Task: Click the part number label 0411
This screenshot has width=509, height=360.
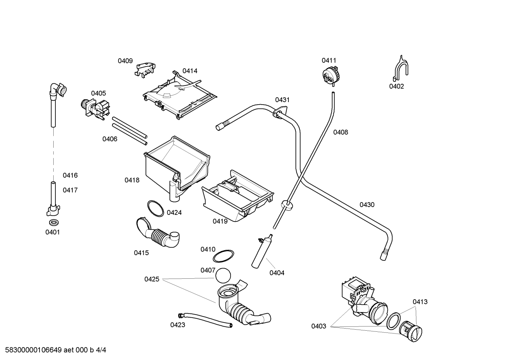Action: [x=329, y=60]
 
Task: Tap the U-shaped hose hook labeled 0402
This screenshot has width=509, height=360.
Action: [x=400, y=68]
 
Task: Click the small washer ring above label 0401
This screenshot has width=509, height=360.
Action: [x=54, y=223]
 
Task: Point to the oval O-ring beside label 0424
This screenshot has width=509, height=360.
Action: [x=155, y=208]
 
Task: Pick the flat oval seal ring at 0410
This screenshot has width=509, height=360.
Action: [x=223, y=256]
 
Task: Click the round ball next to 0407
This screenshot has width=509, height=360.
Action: [x=223, y=276]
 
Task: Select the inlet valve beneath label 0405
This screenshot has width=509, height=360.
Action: [x=95, y=109]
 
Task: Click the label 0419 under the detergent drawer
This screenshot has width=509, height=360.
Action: [x=220, y=221]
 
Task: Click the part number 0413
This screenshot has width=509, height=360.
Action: [x=420, y=302]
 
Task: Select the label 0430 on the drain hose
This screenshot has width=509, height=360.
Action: [x=367, y=205]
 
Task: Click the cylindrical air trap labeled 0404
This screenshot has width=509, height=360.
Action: [x=262, y=251]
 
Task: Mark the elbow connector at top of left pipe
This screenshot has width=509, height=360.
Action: [x=58, y=90]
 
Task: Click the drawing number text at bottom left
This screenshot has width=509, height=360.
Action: [x=55, y=350]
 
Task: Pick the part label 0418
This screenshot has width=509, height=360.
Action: [x=132, y=180]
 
